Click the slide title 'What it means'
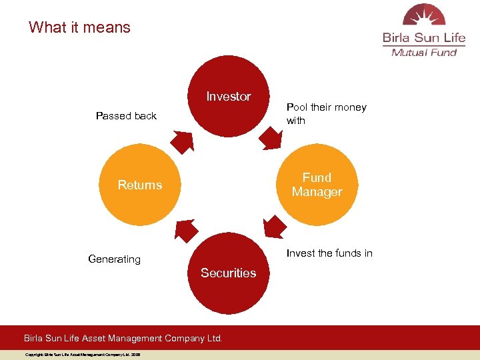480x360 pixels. tap(79, 27)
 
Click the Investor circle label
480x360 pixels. tap(229, 97)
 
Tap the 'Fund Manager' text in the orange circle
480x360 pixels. tap(317, 185)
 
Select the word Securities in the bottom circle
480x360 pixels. tap(229, 273)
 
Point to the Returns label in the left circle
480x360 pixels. tap(140, 185)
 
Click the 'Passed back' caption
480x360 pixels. tap(126, 116)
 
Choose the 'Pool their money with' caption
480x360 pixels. tap(326, 114)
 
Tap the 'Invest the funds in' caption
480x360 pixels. tap(329, 253)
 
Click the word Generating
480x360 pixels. tap(115, 259)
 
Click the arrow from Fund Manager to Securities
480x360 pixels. tap(274, 225)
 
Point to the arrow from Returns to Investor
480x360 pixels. tap(182, 141)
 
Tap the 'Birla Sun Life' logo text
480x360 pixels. tap(424, 37)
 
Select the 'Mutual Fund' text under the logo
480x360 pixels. tap(424, 53)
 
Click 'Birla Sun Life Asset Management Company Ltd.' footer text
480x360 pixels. tap(123, 338)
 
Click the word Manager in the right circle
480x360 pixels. tap(317, 192)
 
